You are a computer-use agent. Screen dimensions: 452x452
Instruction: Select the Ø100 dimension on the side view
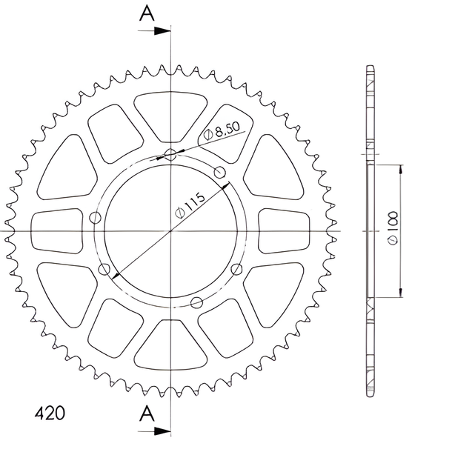point(392,228)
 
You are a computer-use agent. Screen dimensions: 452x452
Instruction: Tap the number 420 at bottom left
point(50,413)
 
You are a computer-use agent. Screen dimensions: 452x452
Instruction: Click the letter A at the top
point(147,13)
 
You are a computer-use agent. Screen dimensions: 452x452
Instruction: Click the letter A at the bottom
point(147,413)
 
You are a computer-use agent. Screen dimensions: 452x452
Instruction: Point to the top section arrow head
point(162,31)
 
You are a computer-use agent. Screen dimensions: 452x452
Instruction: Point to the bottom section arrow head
point(162,431)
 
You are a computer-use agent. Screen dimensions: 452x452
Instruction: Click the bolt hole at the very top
point(170,155)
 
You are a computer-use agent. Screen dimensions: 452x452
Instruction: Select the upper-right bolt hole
point(219,173)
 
